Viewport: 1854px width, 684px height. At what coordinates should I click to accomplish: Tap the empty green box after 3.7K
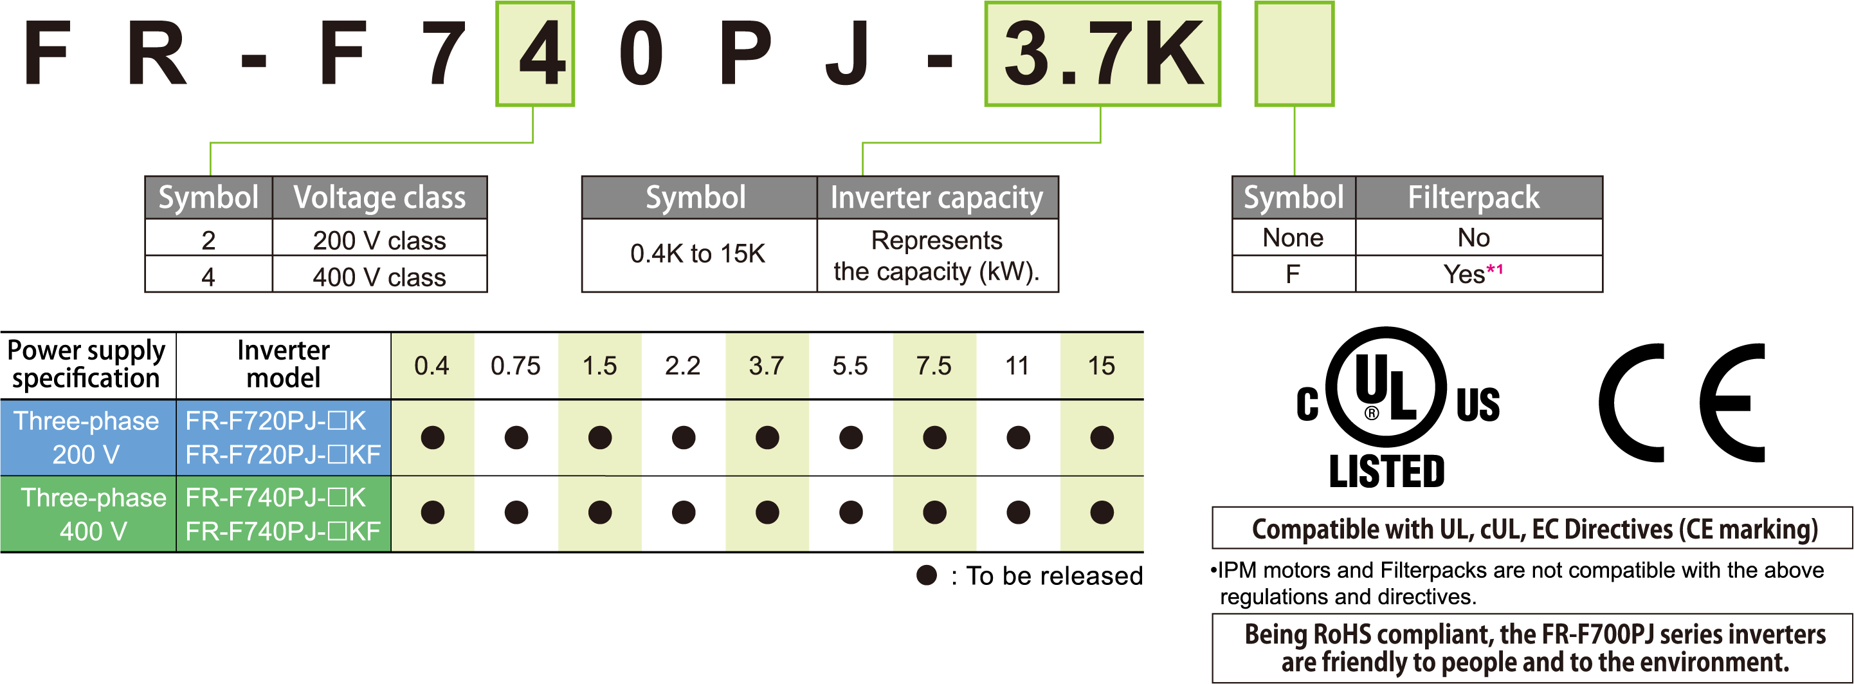1294,54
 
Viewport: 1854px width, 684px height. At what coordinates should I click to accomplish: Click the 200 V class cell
379,240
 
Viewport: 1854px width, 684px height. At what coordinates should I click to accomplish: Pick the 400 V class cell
379,277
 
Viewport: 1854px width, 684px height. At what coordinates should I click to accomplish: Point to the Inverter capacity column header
937,198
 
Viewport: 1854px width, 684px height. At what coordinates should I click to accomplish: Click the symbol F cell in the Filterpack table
1293,274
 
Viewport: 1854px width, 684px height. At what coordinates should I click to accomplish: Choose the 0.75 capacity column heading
515,365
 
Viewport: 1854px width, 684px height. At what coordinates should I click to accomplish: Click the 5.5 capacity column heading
850,365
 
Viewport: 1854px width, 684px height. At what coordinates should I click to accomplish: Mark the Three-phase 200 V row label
87,438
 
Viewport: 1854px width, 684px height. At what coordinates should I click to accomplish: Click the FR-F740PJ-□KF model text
283,531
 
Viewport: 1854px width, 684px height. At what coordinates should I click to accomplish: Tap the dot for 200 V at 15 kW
1101,437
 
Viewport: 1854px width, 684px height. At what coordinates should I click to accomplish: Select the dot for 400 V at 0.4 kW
433,512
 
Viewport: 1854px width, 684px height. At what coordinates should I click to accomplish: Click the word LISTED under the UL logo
1386,472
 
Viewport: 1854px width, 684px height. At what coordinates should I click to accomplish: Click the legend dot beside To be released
926,575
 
